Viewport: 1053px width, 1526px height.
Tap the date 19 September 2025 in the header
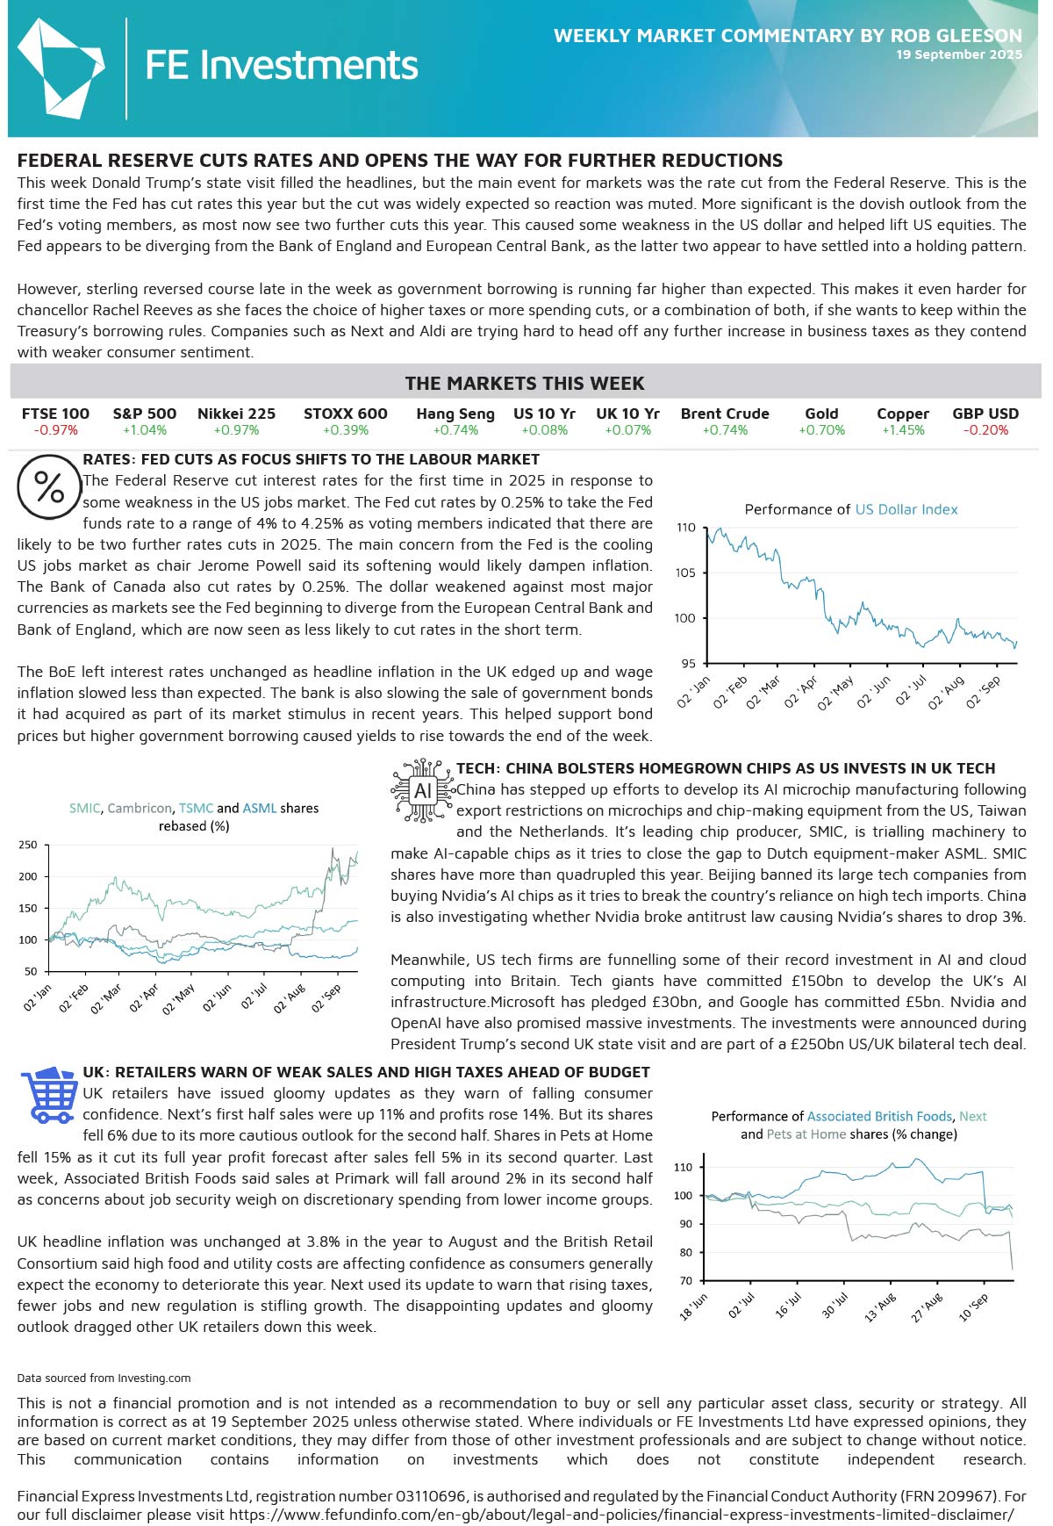coord(958,54)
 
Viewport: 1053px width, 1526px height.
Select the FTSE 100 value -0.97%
coord(56,430)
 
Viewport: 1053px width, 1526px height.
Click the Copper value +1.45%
coord(903,430)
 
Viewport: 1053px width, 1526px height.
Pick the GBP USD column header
coord(985,414)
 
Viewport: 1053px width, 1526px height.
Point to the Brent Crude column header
coord(725,414)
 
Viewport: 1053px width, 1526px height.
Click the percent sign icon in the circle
coord(49,486)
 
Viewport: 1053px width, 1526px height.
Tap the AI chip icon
coord(423,791)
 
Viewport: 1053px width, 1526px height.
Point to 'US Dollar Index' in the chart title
coord(906,509)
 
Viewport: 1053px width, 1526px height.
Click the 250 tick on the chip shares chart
coord(28,845)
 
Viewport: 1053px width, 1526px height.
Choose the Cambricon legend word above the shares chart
coord(140,808)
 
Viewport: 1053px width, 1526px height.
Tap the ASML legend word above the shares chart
coord(260,808)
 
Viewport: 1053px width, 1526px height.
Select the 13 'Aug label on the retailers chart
coord(880,1307)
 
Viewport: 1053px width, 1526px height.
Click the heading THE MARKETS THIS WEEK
coord(525,384)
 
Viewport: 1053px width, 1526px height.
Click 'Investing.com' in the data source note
coord(154,1378)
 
